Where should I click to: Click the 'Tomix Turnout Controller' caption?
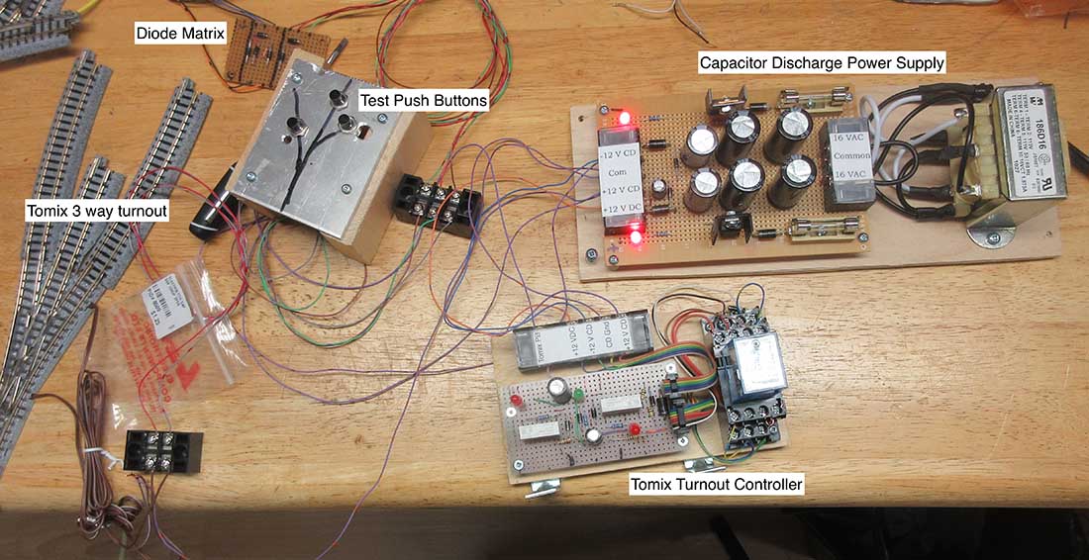(x=717, y=485)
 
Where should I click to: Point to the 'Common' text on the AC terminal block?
(x=847, y=155)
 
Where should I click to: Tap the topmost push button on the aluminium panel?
(x=338, y=97)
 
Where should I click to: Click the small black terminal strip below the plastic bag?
(x=164, y=453)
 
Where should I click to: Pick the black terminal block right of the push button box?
(x=437, y=205)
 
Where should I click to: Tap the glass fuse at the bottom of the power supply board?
(x=812, y=235)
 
